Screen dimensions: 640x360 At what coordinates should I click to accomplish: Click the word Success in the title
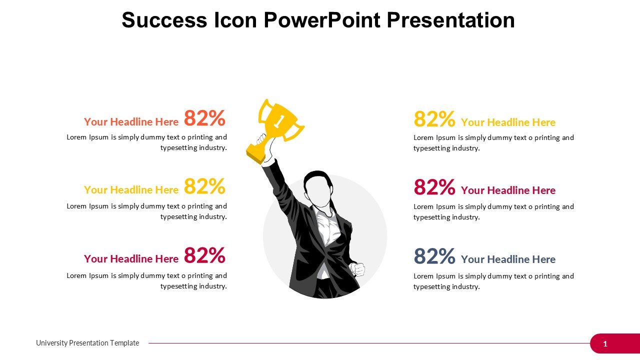pyautogui.click(x=164, y=20)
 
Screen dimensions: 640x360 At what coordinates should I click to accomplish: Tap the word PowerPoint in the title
pyautogui.click(x=322, y=20)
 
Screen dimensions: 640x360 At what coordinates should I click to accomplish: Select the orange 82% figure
pyautogui.click(x=204, y=118)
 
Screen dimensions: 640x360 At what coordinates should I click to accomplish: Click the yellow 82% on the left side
pyautogui.click(x=204, y=186)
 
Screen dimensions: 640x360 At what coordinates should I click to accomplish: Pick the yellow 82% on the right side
pyautogui.click(x=434, y=119)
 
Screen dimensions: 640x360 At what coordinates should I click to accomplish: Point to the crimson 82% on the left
pyautogui.click(x=204, y=255)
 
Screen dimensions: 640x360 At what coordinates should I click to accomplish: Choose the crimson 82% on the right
pyautogui.click(x=434, y=187)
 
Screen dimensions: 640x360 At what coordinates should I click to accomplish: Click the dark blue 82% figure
pyautogui.click(x=434, y=256)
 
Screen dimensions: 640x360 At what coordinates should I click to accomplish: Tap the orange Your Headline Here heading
pyautogui.click(x=131, y=121)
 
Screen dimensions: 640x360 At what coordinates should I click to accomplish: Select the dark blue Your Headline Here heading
pyautogui.click(x=508, y=259)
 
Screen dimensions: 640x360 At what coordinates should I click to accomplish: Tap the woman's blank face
pyautogui.click(x=318, y=190)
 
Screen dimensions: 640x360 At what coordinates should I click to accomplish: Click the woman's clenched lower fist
pyautogui.click(x=357, y=269)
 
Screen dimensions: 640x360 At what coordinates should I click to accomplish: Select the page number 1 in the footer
pyautogui.click(x=605, y=343)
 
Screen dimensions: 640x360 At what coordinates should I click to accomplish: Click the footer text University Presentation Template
pyautogui.click(x=87, y=343)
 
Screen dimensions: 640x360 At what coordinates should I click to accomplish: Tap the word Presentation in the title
pyautogui.click(x=451, y=20)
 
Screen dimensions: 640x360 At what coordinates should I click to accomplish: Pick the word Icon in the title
pyautogui.click(x=235, y=20)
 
